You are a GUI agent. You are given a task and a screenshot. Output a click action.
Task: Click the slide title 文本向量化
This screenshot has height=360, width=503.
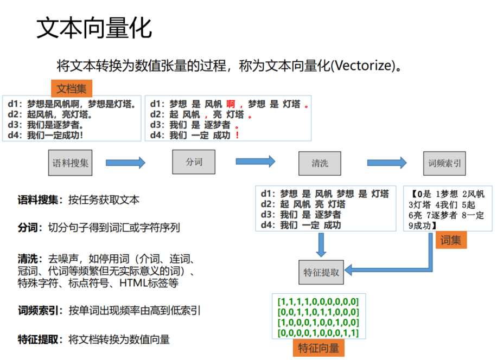pos(94,29)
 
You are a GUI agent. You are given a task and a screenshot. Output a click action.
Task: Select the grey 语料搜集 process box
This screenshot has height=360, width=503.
pos(71,163)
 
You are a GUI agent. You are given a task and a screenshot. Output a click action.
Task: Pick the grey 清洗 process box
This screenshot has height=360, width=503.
pos(320,163)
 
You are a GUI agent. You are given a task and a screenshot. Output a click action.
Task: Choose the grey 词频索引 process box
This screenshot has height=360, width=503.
pos(444,163)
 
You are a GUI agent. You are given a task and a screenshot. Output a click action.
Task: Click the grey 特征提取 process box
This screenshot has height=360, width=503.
pos(321,272)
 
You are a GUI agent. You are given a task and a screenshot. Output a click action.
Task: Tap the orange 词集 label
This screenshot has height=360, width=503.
pos(450,240)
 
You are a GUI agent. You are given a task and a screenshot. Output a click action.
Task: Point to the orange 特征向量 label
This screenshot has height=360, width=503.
pos(319,348)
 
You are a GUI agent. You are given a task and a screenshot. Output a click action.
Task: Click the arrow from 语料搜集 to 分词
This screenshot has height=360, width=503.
pos(125,162)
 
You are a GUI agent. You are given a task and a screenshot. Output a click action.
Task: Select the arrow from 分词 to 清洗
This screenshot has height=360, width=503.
pos(255,161)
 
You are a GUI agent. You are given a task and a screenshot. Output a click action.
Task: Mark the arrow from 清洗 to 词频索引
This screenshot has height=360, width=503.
pos(386,162)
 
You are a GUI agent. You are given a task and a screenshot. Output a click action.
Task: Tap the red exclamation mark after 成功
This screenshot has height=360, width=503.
pos(237,135)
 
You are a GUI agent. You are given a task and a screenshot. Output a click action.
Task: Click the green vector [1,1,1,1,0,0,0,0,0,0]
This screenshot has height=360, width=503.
pos(318,301)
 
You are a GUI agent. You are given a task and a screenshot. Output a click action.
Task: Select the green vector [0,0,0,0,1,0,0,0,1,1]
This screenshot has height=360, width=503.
pos(318,332)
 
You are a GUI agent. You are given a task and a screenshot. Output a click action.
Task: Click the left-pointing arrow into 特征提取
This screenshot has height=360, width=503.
pos(374,269)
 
